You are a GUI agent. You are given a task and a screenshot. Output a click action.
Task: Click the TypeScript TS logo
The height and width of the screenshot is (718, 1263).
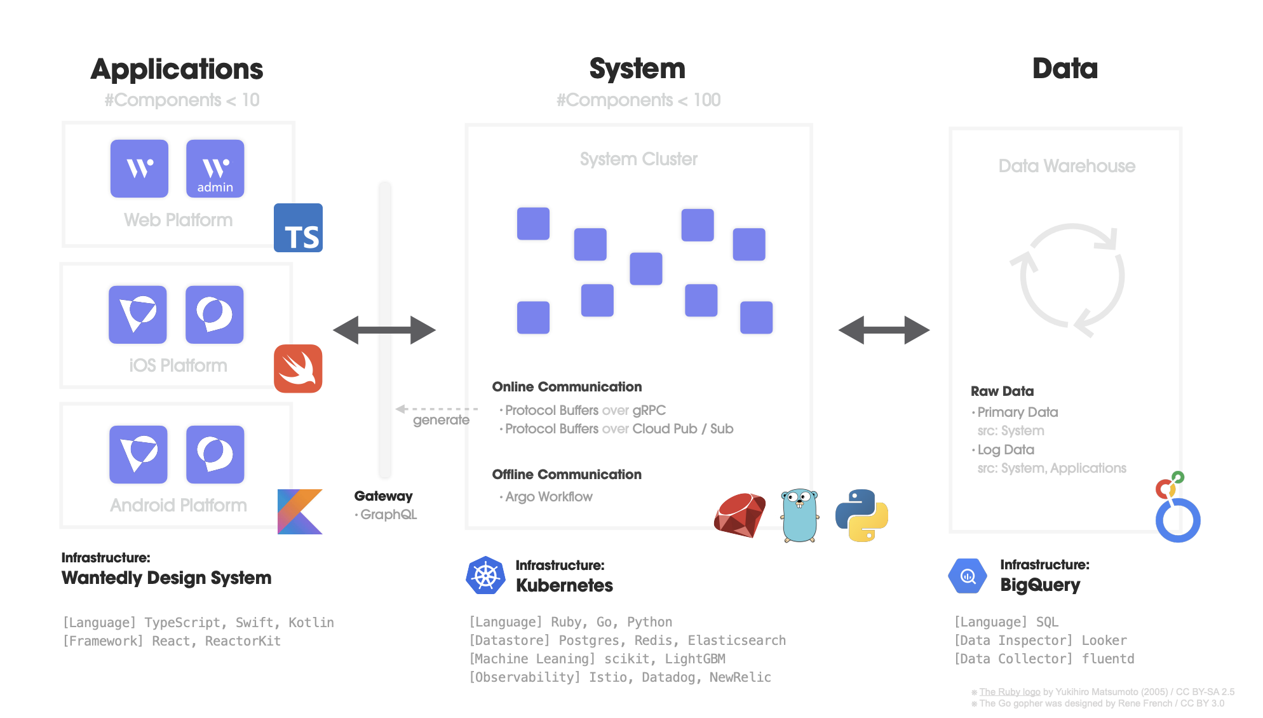tap(298, 228)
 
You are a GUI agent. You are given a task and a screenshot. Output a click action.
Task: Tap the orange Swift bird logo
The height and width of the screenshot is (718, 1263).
tap(298, 369)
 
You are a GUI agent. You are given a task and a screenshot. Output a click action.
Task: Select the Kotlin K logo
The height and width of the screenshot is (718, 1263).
tap(300, 511)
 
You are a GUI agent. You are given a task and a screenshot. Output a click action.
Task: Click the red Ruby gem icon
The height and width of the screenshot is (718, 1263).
tap(740, 515)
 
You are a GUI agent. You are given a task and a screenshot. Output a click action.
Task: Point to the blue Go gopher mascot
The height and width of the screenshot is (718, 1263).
tap(799, 515)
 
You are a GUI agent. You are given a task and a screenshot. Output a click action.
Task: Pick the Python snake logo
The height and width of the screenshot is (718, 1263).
tap(861, 515)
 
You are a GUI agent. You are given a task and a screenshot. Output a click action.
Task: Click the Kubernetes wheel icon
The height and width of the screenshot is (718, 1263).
tap(485, 576)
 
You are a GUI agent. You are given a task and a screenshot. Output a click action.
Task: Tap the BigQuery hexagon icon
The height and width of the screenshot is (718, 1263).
tap(968, 576)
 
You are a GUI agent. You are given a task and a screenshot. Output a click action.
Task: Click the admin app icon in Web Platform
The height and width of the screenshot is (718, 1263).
tap(215, 168)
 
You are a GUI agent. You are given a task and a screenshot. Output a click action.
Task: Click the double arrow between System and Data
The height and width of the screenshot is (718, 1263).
tap(884, 330)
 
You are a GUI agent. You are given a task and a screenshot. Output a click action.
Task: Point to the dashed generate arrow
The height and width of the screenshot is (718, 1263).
tap(436, 409)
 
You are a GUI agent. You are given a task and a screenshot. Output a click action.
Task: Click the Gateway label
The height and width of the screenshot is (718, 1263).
tap(383, 496)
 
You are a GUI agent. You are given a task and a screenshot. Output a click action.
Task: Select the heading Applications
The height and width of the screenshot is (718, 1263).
tap(177, 69)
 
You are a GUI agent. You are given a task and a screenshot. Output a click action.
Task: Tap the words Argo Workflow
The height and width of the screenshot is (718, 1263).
tap(549, 497)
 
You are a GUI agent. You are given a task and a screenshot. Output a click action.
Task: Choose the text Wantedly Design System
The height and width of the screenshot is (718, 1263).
tap(166, 578)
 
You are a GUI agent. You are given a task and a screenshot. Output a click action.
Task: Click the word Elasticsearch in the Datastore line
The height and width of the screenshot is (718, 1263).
tap(737, 640)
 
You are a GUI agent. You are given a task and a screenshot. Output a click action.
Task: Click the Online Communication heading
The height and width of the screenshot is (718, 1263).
tap(567, 387)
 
